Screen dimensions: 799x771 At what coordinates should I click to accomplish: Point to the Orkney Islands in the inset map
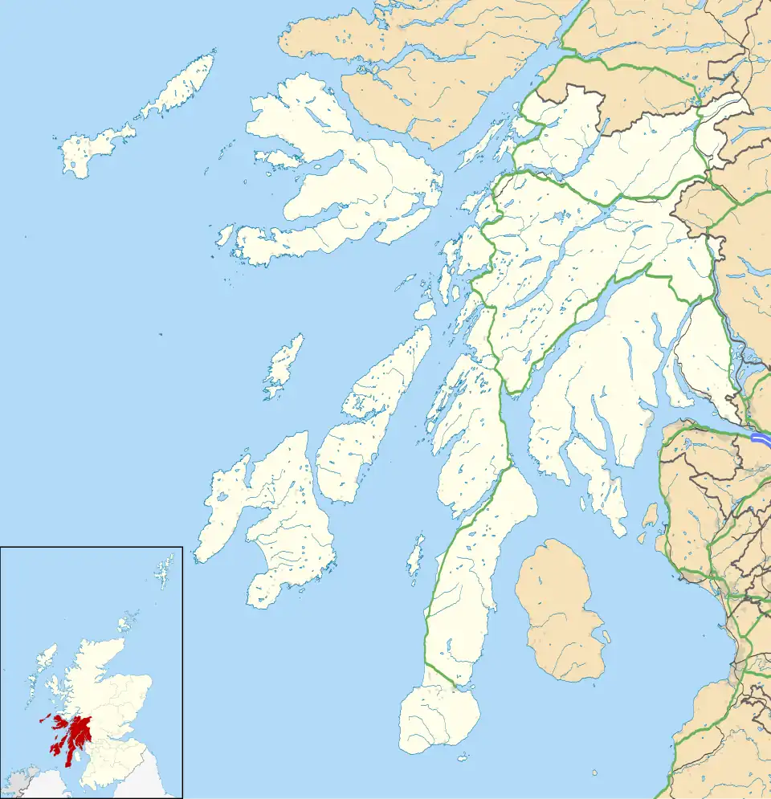126,623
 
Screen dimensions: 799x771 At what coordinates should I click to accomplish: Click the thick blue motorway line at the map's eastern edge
761,438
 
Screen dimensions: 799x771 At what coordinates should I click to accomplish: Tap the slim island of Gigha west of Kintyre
415,556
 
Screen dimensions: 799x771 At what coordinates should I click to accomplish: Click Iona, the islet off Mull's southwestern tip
224,235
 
